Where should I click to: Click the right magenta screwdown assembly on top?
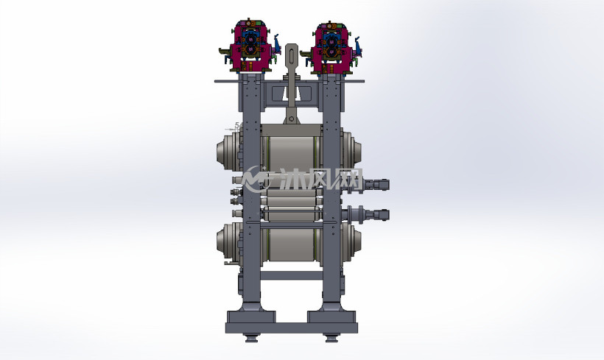[x=331, y=48]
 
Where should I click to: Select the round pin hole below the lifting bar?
[x=292, y=119]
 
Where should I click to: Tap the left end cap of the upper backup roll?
[x=228, y=150]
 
